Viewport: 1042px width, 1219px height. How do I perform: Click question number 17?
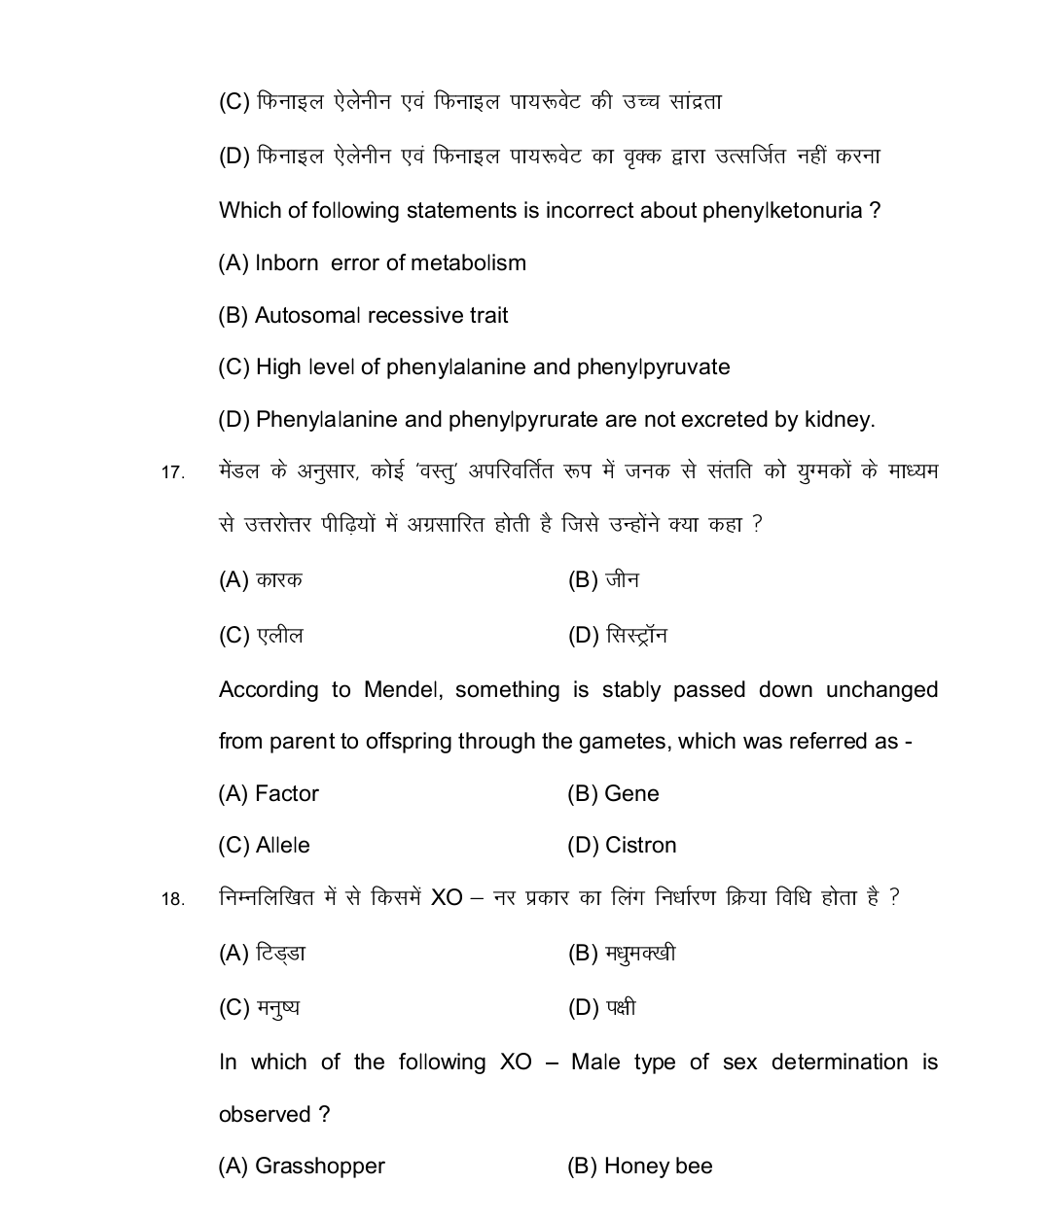pyautogui.click(x=172, y=473)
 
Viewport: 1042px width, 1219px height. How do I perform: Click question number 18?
pyautogui.click(x=172, y=899)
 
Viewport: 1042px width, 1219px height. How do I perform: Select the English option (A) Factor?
pyautogui.click(x=269, y=794)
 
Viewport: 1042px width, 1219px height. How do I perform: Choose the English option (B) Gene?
pyautogui.click(x=613, y=794)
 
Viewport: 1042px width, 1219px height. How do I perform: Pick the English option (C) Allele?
pyautogui.click(x=264, y=846)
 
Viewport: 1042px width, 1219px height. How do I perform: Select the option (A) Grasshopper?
pyautogui.click(x=302, y=1167)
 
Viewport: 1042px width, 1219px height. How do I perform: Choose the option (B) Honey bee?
pyautogui.click(x=639, y=1167)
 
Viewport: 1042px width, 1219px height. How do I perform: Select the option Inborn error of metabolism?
pyautogui.click(x=372, y=263)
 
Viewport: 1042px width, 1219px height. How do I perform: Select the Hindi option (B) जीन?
pyautogui.click(x=603, y=580)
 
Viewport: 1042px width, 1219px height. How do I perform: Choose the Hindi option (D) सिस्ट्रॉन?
pyautogui.click(x=617, y=636)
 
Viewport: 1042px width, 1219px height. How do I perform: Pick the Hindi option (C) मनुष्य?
pyautogui.click(x=259, y=1008)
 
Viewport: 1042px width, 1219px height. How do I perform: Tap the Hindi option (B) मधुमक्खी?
pyautogui.click(x=621, y=954)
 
